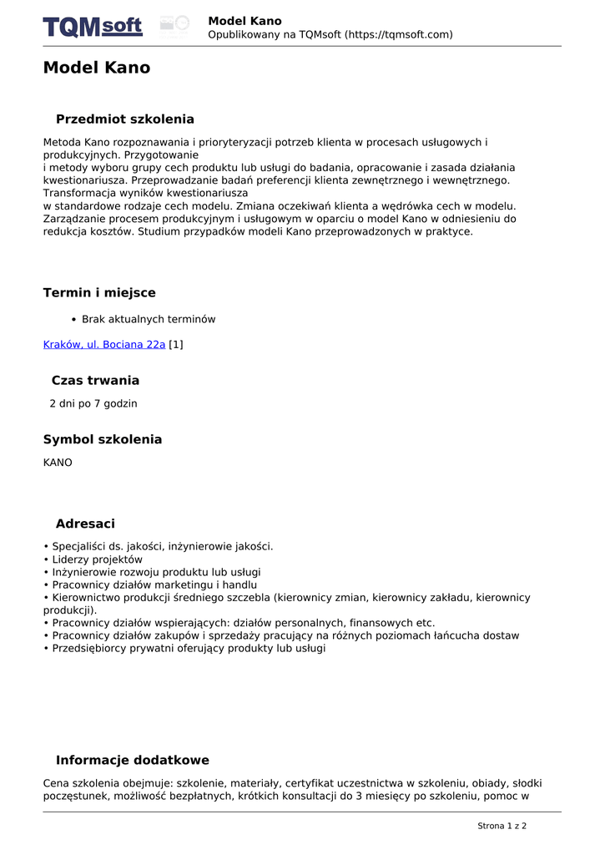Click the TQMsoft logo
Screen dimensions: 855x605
tap(93, 27)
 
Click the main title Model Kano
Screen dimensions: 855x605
tap(97, 68)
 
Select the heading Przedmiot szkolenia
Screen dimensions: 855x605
tap(124, 119)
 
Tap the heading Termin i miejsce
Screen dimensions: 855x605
tap(99, 293)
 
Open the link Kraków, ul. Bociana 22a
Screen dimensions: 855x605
tap(104, 344)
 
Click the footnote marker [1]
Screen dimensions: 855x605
tap(176, 344)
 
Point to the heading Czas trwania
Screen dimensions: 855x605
tap(95, 381)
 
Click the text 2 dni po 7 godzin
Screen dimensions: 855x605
tap(93, 404)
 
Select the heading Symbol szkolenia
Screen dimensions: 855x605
tap(103, 440)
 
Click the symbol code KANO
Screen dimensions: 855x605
tap(58, 463)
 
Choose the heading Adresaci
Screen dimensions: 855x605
tap(85, 524)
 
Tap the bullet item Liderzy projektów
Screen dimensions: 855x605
tap(97, 559)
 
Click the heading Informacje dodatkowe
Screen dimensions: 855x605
tap(132, 761)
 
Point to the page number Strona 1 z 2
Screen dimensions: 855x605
tap(502, 826)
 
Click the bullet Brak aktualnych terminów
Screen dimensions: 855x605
tap(149, 319)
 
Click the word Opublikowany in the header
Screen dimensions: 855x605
tap(244, 34)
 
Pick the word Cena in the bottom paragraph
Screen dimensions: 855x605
tap(56, 783)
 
